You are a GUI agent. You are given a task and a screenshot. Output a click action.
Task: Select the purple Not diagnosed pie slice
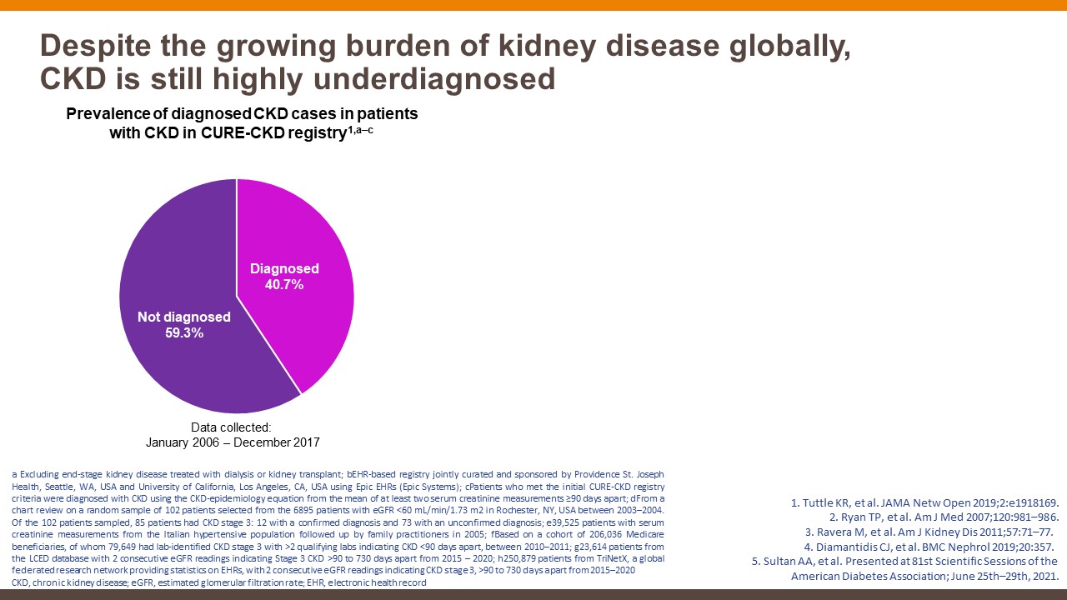tap(183, 250)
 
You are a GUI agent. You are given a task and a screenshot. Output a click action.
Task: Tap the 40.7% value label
tap(285, 285)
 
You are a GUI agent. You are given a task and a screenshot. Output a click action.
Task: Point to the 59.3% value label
tap(185, 333)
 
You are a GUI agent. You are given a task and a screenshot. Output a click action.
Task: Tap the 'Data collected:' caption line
tap(238, 427)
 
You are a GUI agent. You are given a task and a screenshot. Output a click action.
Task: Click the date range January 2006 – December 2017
tap(238, 442)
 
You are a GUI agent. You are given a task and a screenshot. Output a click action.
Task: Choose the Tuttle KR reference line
tap(924, 502)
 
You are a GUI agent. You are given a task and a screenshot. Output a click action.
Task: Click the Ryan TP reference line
tap(944, 517)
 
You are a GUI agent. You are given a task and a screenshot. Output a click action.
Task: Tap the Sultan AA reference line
tap(905, 562)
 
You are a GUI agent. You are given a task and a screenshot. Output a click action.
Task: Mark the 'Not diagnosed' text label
tap(185, 317)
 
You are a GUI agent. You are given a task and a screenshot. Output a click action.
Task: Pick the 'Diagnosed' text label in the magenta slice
tap(285, 269)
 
